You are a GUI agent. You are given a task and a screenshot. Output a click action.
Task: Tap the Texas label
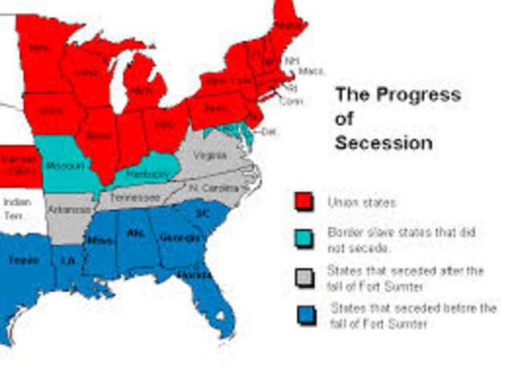click(19, 260)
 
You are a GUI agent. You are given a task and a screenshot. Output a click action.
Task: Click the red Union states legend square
click(304, 200)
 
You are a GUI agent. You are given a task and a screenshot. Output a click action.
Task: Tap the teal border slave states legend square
click(304, 237)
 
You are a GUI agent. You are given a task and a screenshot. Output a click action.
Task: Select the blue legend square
click(304, 314)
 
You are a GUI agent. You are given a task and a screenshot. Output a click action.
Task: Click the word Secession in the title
click(383, 143)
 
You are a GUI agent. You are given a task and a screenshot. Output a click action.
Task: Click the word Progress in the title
click(410, 94)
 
